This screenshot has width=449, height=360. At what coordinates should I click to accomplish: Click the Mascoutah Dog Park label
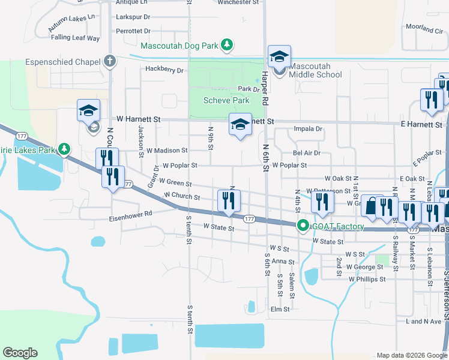tap(179, 46)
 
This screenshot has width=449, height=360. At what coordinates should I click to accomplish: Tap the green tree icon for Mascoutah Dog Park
tap(226, 45)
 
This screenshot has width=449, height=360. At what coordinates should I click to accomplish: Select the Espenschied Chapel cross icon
tap(109, 61)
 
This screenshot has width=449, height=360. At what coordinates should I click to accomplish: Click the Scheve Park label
tap(226, 100)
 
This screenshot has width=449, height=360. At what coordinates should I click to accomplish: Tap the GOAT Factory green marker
tap(303, 226)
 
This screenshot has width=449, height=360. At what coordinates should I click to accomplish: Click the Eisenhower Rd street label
tap(131, 214)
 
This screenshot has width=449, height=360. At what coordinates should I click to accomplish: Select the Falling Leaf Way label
tap(75, 37)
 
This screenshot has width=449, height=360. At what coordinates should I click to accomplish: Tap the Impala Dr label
tap(308, 128)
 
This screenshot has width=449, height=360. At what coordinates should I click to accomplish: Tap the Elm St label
tap(280, 309)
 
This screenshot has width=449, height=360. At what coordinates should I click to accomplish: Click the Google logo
tap(20, 353)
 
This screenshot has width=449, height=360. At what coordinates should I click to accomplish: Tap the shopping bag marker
tap(372, 206)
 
